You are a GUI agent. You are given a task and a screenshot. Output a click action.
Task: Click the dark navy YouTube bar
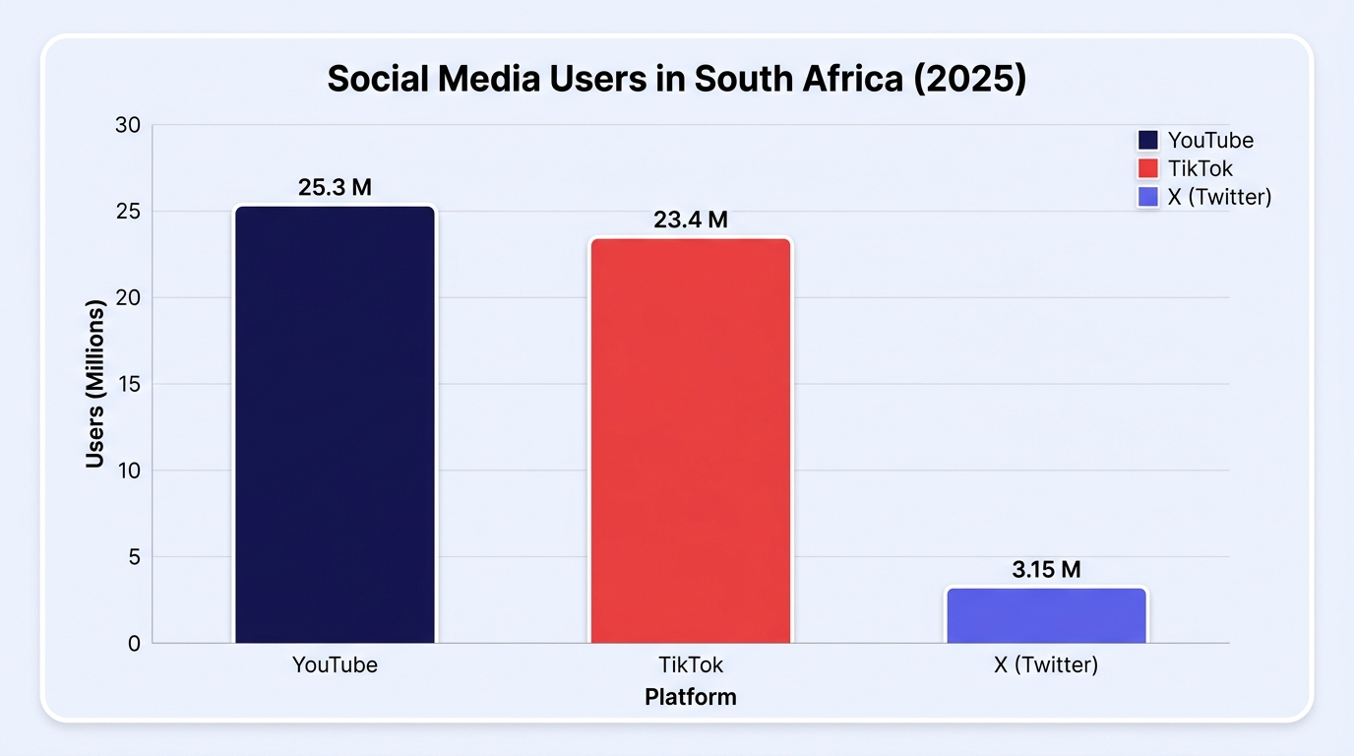[x=335, y=424]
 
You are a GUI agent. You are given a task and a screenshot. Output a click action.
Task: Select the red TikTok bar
[x=691, y=440]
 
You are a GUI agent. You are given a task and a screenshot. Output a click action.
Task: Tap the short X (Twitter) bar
[x=1046, y=615]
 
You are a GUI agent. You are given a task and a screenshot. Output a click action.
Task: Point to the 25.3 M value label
[x=335, y=187]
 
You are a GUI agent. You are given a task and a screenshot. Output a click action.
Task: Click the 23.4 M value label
[x=691, y=220]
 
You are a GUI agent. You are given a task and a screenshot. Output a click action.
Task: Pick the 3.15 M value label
[x=1046, y=570]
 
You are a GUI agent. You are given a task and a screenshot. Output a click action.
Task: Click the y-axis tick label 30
[x=128, y=125]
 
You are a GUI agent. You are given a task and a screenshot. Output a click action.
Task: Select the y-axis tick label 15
[x=129, y=384]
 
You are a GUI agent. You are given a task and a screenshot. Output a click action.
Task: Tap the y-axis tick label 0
[x=134, y=644]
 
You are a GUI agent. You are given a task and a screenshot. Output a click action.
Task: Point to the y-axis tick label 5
[x=134, y=557]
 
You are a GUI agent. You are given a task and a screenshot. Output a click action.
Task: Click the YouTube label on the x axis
[x=335, y=665]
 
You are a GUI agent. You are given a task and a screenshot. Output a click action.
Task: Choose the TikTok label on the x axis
[x=691, y=665]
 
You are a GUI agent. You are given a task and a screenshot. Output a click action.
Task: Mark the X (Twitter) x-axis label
[x=1046, y=665]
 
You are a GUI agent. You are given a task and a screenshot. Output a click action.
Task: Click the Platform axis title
[x=691, y=697]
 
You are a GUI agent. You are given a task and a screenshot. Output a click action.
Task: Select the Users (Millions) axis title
[x=94, y=384]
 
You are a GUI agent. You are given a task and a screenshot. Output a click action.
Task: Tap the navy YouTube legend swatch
[x=1148, y=141]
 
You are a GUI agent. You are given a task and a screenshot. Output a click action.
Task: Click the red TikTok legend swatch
[x=1148, y=168]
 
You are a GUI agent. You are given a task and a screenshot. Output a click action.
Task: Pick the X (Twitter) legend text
[x=1220, y=197]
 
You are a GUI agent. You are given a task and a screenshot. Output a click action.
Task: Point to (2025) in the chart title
[x=970, y=79]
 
